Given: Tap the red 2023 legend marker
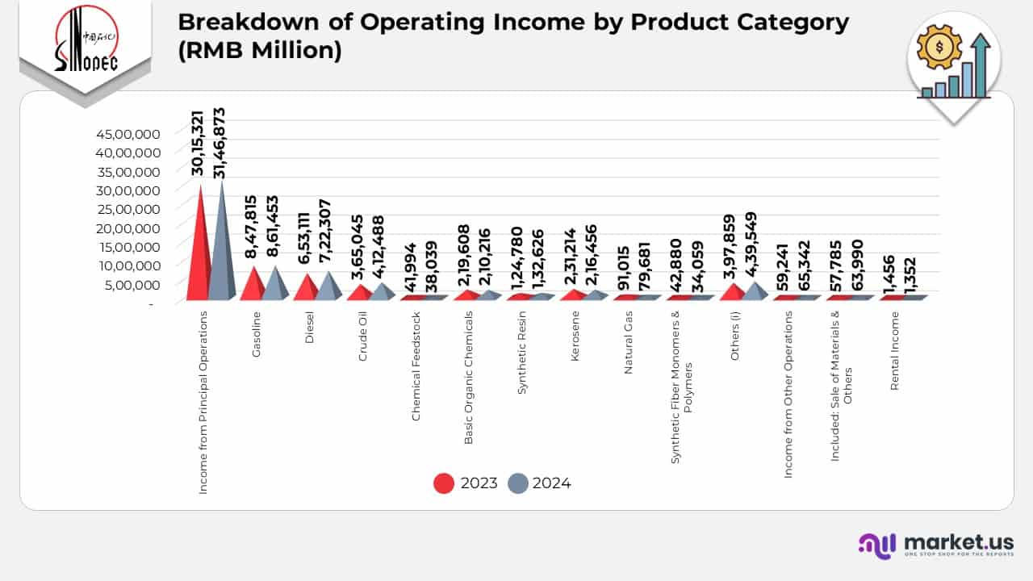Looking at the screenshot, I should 445,483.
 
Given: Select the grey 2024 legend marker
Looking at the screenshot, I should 517,483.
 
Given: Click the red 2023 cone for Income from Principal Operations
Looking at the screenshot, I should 198,250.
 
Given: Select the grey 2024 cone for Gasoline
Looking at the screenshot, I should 274,284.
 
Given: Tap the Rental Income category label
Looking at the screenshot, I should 894,351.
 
